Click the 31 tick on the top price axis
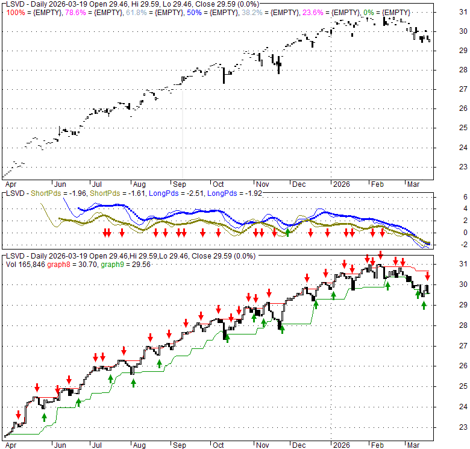462,12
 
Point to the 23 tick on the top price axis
462,167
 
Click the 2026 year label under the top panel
341,184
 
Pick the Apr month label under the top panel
10,184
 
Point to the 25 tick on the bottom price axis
462,386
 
